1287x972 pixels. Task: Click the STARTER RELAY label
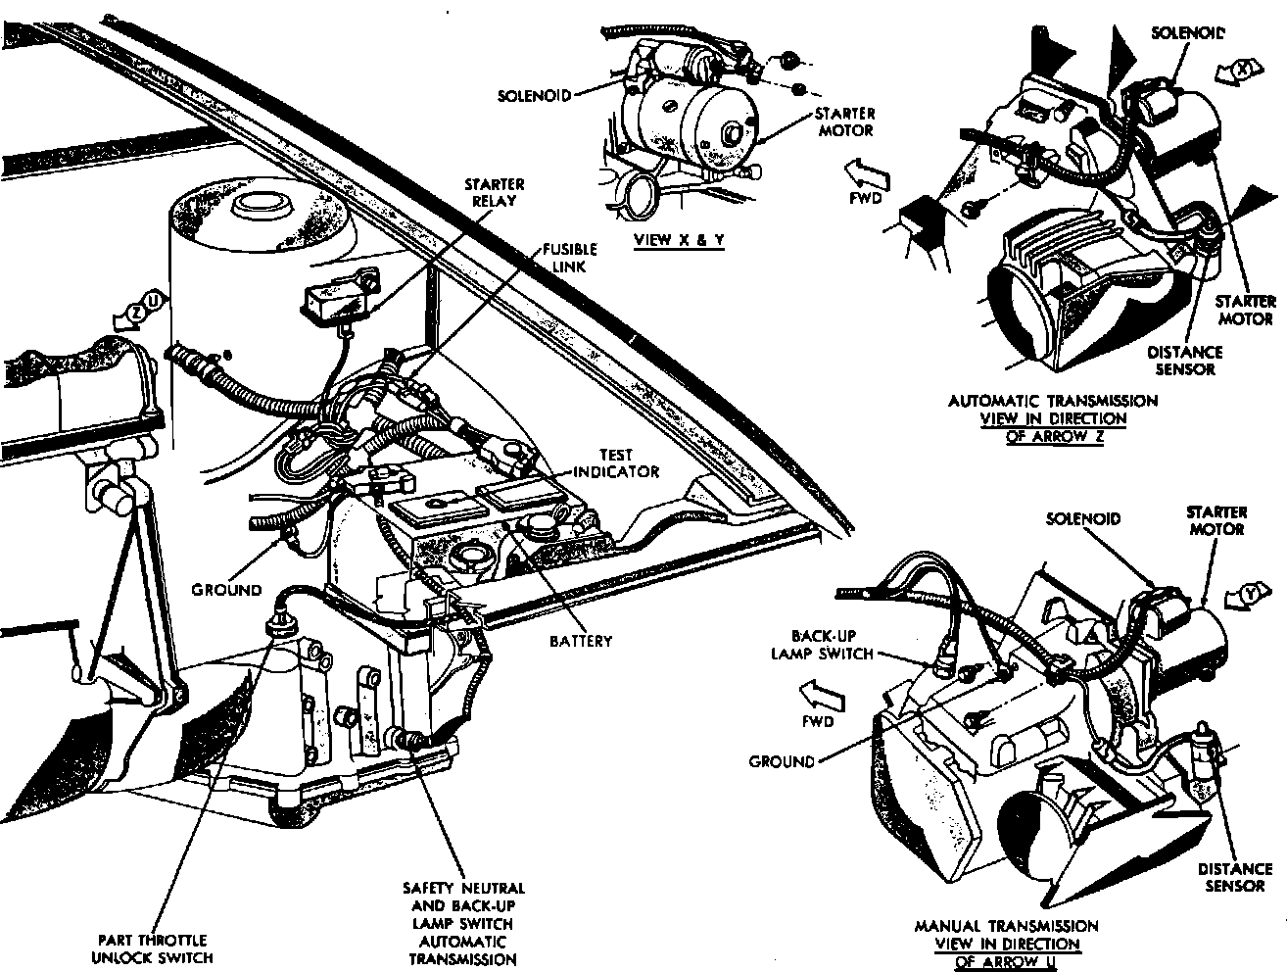(495, 193)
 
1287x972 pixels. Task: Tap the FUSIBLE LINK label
(571, 258)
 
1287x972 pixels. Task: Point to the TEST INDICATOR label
(616, 463)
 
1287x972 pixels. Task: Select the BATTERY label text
(582, 641)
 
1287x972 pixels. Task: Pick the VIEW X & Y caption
(679, 240)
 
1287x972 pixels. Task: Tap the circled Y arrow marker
(1246, 592)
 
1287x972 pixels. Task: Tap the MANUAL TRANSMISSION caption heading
(1006, 926)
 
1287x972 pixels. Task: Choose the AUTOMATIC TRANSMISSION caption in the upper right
(1053, 401)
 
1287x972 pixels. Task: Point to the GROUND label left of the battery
(226, 590)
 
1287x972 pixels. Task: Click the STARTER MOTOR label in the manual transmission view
(1216, 520)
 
